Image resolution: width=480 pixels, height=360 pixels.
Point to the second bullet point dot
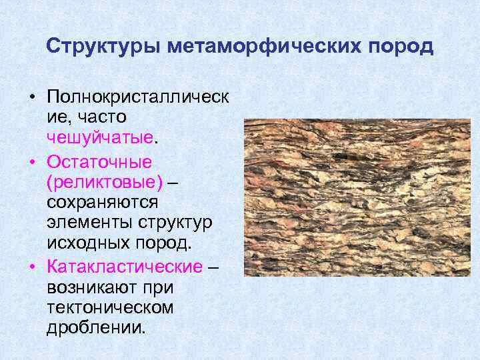tap(33, 161)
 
